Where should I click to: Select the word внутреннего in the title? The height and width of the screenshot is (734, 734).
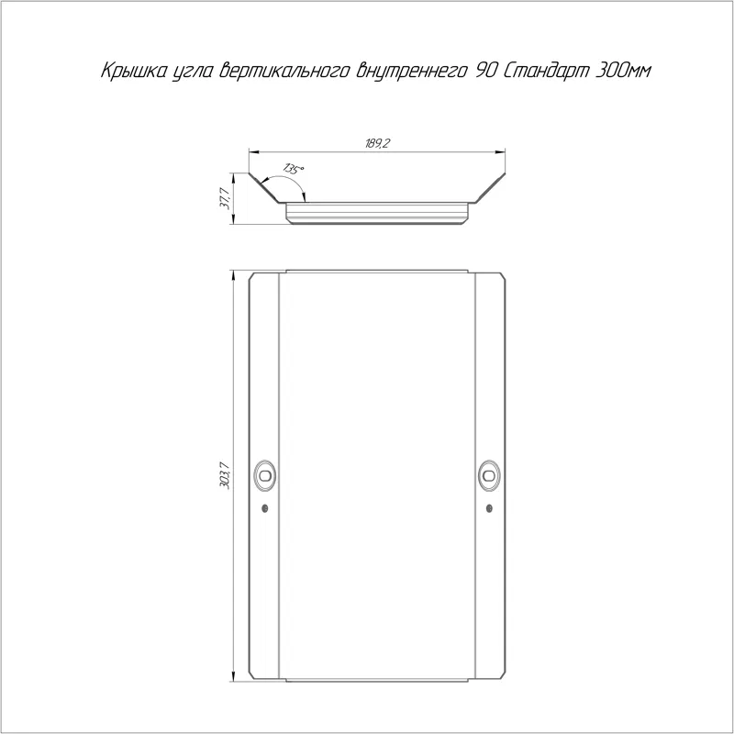[x=411, y=71]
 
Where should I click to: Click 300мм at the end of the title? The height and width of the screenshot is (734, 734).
[x=622, y=71]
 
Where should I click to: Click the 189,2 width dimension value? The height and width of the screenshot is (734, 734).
[x=377, y=143]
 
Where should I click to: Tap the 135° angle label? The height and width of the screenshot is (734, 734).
[x=294, y=169]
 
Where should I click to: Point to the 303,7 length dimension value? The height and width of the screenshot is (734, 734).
[x=225, y=475]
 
